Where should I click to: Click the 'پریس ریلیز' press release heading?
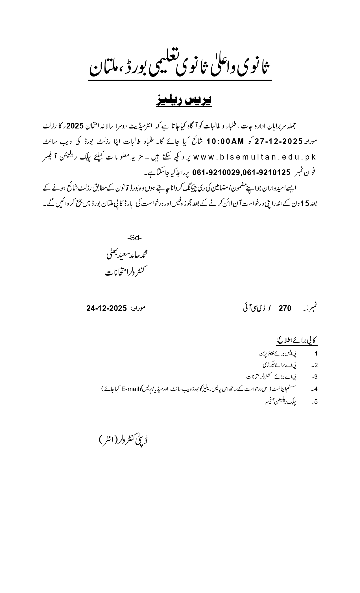click(x=184, y=101)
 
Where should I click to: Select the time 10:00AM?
click(x=225, y=141)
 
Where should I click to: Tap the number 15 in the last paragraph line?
click(x=305, y=203)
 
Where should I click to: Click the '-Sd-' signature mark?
click(x=134, y=238)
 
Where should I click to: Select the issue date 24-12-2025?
click(x=106, y=308)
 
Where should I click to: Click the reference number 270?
click(x=285, y=308)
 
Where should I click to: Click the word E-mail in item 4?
click(x=131, y=389)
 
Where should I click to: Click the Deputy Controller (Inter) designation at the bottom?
click(x=124, y=440)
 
